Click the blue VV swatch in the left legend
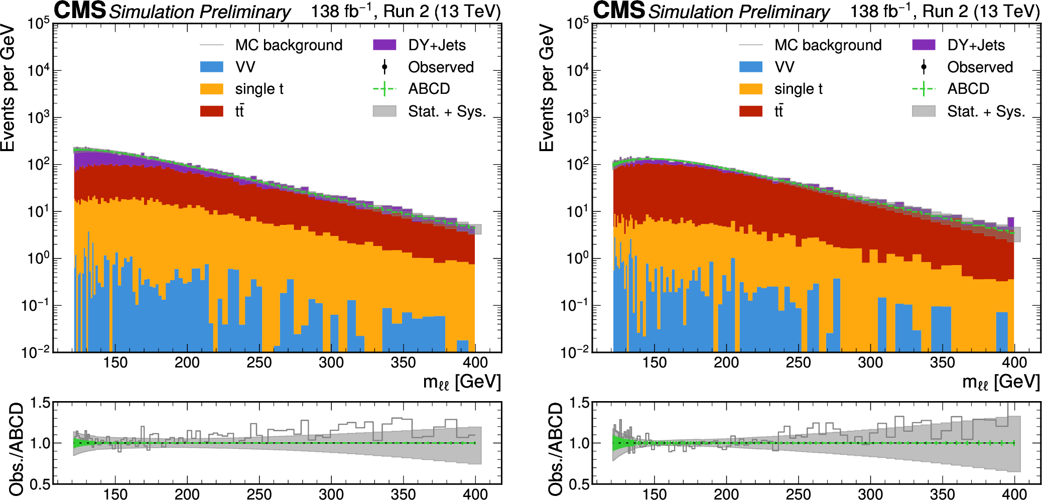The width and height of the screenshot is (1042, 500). [211, 67]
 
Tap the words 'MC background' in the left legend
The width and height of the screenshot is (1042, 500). [289, 45]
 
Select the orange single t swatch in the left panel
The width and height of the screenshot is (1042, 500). [211, 89]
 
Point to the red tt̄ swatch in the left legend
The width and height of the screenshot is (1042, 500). [211, 111]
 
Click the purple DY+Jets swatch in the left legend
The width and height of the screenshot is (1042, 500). [384, 45]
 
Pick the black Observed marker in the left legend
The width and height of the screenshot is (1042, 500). [384, 67]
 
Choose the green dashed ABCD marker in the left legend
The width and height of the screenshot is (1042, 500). [384, 89]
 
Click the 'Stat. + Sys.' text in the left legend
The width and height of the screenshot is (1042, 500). [447, 111]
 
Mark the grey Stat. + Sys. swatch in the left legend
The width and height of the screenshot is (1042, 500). [384, 111]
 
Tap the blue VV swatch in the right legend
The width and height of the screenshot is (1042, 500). [750, 67]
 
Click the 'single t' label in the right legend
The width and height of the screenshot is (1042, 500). [798, 89]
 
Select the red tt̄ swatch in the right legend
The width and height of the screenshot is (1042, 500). [750, 111]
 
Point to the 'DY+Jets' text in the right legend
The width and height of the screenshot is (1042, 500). [976, 45]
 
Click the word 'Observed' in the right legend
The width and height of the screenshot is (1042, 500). [980, 67]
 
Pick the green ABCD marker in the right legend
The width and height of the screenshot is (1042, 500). [924, 89]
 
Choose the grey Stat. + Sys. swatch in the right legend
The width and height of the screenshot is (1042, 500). [924, 111]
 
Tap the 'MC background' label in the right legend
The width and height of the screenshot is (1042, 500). [828, 45]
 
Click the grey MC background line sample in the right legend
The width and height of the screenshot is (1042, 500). [750, 45]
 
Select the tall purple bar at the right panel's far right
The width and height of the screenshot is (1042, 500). [1010, 222]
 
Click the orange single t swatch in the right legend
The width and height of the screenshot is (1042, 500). [750, 89]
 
